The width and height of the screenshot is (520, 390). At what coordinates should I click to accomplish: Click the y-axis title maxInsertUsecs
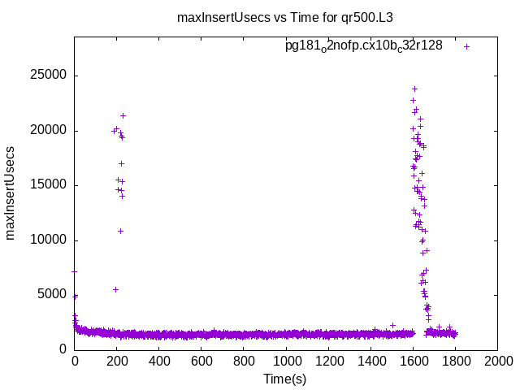click(x=11, y=193)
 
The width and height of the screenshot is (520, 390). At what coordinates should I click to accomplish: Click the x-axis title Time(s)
click(x=284, y=379)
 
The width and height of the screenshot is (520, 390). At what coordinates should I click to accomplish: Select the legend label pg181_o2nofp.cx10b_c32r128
click(x=363, y=45)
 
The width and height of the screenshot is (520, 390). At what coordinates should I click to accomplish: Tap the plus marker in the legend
click(x=466, y=46)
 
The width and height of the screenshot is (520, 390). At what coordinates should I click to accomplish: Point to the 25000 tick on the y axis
click(x=50, y=76)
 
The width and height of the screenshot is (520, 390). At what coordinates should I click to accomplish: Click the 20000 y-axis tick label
click(x=50, y=131)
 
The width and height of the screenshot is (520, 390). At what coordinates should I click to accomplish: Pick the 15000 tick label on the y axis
click(x=50, y=185)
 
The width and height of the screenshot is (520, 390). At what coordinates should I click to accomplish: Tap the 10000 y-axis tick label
click(x=50, y=240)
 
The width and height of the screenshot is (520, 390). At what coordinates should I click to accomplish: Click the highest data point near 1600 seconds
click(x=414, y=89)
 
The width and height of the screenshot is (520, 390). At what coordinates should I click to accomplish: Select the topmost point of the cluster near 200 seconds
click(x=123, y=115)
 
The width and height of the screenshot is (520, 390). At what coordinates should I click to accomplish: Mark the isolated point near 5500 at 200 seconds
click(x=115, y=289)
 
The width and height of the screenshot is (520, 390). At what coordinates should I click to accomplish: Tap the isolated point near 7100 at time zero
click(x=74, y=271)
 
